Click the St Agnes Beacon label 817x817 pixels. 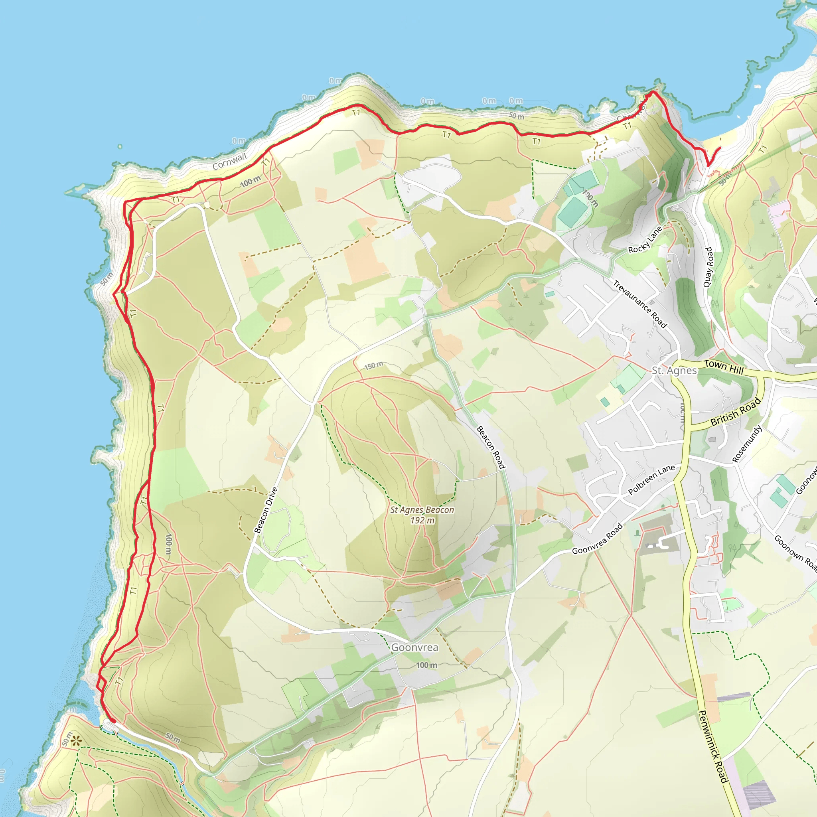[422, 509]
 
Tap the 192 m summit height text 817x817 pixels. [422, 520]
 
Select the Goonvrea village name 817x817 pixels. [414, 647]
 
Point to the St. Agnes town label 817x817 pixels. [674, 371]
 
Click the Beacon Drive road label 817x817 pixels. [266, 510]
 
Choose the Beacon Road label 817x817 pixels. [491, 447]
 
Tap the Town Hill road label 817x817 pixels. [724, 367]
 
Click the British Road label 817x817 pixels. [735, 413]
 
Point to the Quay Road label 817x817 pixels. [708, 267]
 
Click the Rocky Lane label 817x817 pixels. [645, 240]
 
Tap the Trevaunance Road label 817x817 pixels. [640, 304]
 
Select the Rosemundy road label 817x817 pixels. [747, 444]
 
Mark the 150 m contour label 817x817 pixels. [374, 365]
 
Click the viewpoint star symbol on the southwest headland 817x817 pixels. [76, 741]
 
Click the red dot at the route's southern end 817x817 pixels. [113, 721]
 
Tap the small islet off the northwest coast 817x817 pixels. [120, 147]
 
